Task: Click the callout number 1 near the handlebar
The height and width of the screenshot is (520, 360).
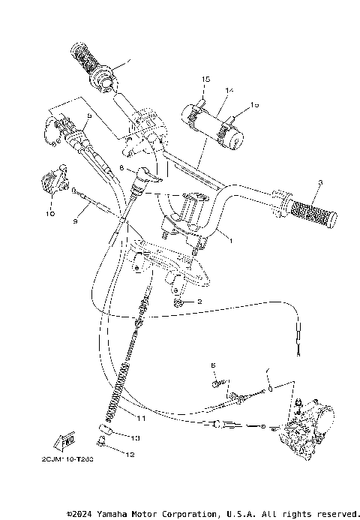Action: coord(230,241)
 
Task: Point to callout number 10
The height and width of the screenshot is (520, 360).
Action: coord(50,213)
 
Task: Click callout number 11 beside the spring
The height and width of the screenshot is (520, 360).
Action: coord(141,418)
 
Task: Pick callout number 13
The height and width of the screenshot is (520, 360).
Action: coord(135,437)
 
